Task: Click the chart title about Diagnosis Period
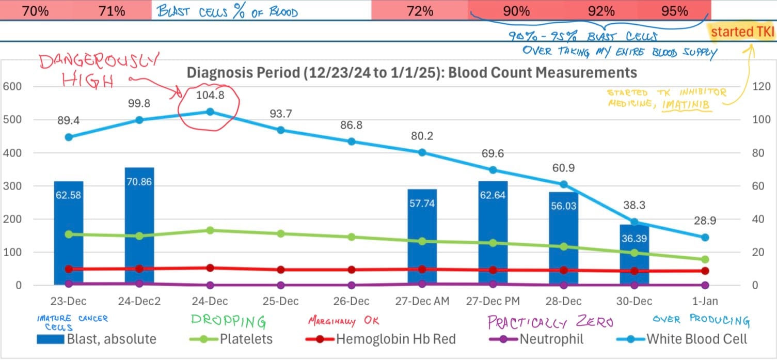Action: coord(411,72)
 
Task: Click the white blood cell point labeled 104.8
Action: coord(210,112)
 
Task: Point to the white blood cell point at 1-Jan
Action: coord(705,238)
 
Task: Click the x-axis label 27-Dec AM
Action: coord(422,301)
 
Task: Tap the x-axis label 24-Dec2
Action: coord(139,301)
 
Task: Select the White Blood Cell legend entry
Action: coord(681,339)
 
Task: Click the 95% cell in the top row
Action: coord(674,11)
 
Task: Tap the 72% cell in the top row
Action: coord(420,11)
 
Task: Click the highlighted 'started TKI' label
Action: coord(742,32)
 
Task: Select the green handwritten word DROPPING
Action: coord(228,321)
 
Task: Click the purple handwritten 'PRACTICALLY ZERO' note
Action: coord(550,322)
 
